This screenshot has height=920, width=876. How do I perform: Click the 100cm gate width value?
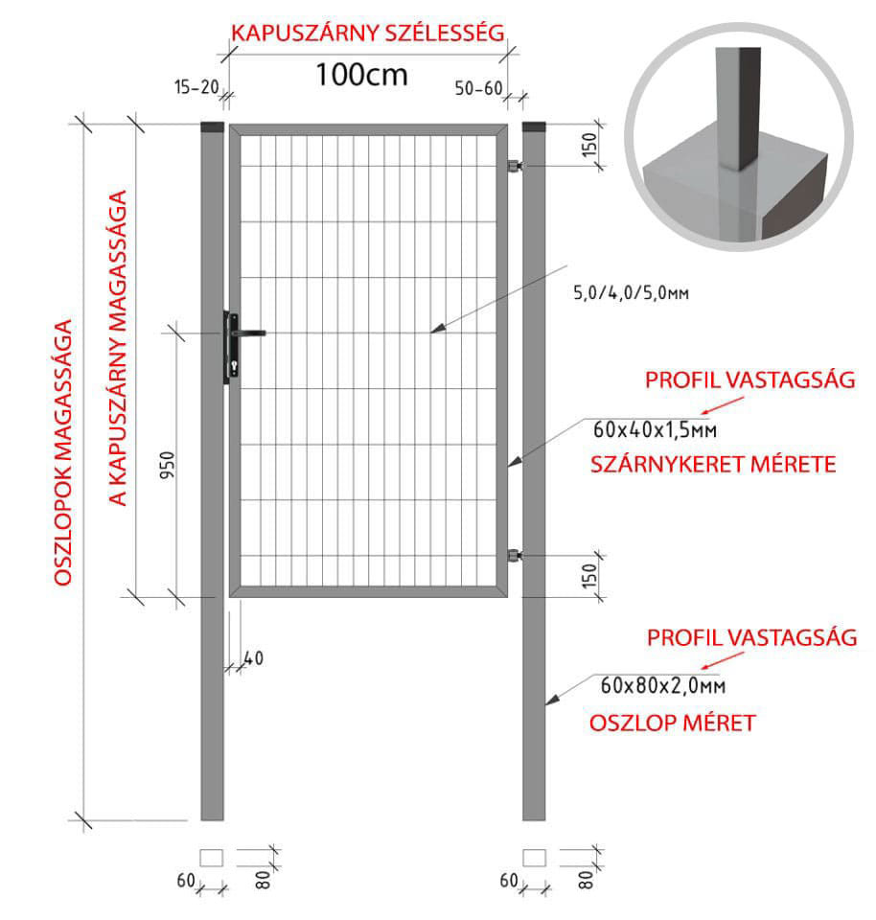361,75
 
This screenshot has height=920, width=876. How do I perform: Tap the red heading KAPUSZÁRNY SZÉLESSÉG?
368,33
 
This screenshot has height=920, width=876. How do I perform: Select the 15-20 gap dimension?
196,87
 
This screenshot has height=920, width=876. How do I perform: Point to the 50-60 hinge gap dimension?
479,88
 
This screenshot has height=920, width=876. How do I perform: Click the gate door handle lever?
250,333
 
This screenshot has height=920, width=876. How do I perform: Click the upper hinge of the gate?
515,166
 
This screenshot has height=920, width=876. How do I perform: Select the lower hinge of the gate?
515,555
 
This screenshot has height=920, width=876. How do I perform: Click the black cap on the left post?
212,126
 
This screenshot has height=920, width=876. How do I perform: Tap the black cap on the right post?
533,126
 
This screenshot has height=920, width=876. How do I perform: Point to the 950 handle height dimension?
168,465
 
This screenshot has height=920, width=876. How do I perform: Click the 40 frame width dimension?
253,658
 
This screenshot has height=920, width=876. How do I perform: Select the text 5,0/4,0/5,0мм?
631,292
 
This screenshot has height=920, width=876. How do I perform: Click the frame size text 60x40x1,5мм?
655,430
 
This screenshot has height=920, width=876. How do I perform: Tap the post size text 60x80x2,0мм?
662,685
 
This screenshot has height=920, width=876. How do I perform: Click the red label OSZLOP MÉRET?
673,723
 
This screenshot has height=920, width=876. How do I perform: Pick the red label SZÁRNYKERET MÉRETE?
713,465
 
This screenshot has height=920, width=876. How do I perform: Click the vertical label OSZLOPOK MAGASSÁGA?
63,453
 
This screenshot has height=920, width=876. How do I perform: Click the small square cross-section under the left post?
211,857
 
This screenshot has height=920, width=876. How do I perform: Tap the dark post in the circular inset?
738,108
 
